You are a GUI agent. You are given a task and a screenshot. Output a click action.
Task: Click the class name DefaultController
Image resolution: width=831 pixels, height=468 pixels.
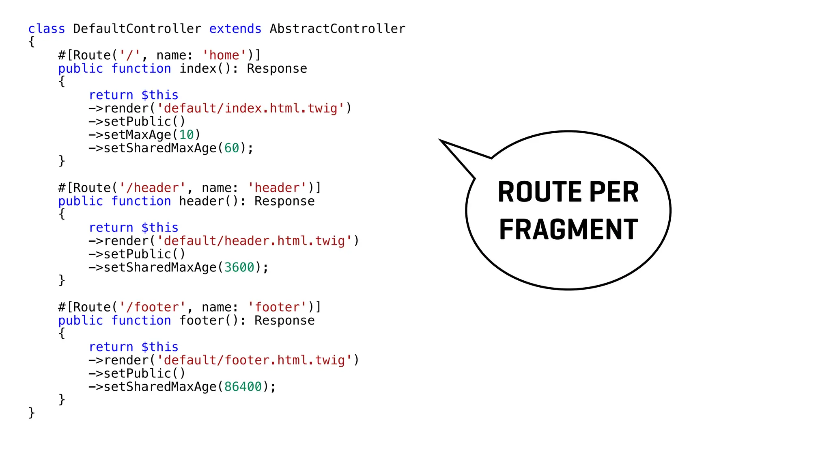pyautogui.click(x=137, y=29)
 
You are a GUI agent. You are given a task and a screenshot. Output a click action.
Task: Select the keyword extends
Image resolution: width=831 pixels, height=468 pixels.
pyautogui.click(x=235, y=29)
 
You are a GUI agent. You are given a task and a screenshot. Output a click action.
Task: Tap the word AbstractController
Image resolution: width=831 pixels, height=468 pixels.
pyautogui.click(x=337, y=29)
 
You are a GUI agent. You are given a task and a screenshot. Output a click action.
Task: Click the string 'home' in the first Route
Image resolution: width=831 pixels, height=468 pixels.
pyautogui.click(x=224, y=55)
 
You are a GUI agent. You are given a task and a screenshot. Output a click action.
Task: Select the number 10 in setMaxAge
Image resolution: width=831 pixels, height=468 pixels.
pyautogui.click(x=186, y=135)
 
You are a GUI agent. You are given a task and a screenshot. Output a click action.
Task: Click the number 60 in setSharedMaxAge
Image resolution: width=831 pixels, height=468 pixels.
pyautogui.click(x=232, y=148)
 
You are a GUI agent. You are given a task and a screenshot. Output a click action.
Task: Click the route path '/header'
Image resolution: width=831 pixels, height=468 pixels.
pyautogui.click(x=153, y=188)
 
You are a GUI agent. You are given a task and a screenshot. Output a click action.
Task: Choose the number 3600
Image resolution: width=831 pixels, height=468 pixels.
pyautogui.click(x=239, y=267)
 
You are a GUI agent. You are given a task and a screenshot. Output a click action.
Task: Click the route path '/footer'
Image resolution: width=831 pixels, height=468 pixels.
pyautogui.click(x=153, y=307)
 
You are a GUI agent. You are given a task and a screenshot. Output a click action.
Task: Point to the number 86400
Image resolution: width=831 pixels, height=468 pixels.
pyautogui.click(x=243, y=387)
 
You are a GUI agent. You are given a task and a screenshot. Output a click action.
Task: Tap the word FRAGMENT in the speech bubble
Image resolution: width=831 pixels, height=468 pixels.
pyautogui.click(x=568, y=230)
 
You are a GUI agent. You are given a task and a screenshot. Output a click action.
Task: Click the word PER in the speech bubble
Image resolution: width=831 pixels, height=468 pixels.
pyautogui.click(x=614, y=192)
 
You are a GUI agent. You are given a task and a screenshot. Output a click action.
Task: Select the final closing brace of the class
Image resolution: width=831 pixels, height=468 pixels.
pyautogui.click(x=32, y=413)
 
